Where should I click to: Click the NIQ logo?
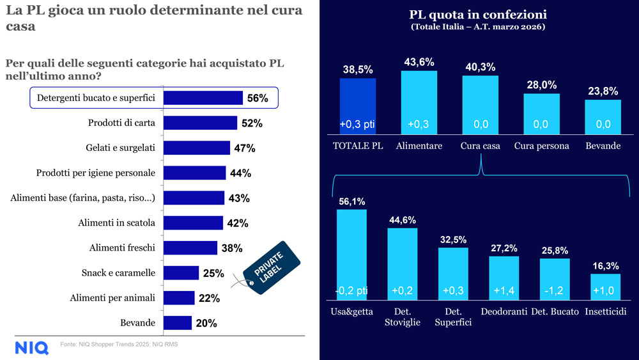31,347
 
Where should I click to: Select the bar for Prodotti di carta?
200,123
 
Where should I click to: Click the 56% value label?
258,98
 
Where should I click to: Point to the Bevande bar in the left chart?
178,323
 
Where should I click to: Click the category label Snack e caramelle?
118,273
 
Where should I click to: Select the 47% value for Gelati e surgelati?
244,148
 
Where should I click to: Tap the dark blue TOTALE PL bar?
357,106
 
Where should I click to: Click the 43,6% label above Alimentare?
419,62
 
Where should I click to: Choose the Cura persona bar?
541,114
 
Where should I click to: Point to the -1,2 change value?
554,290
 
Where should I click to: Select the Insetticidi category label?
605,311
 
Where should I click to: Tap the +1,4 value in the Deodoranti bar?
504,290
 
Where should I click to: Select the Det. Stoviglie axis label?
403,317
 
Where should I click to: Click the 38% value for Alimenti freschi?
231,248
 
